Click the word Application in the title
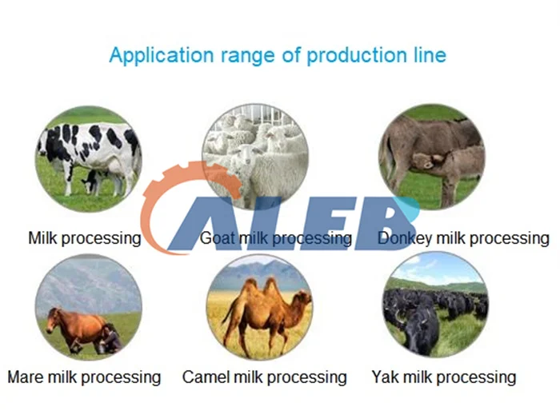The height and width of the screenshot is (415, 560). (162, 56)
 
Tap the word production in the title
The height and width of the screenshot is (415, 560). (357, 56)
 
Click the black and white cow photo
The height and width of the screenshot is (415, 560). (89, 159)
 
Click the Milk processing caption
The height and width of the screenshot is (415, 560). (85, 238)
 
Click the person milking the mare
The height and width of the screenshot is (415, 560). (110, 338)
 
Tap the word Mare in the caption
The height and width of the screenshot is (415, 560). (26, 377)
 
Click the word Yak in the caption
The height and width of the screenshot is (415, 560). (385, 377)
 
